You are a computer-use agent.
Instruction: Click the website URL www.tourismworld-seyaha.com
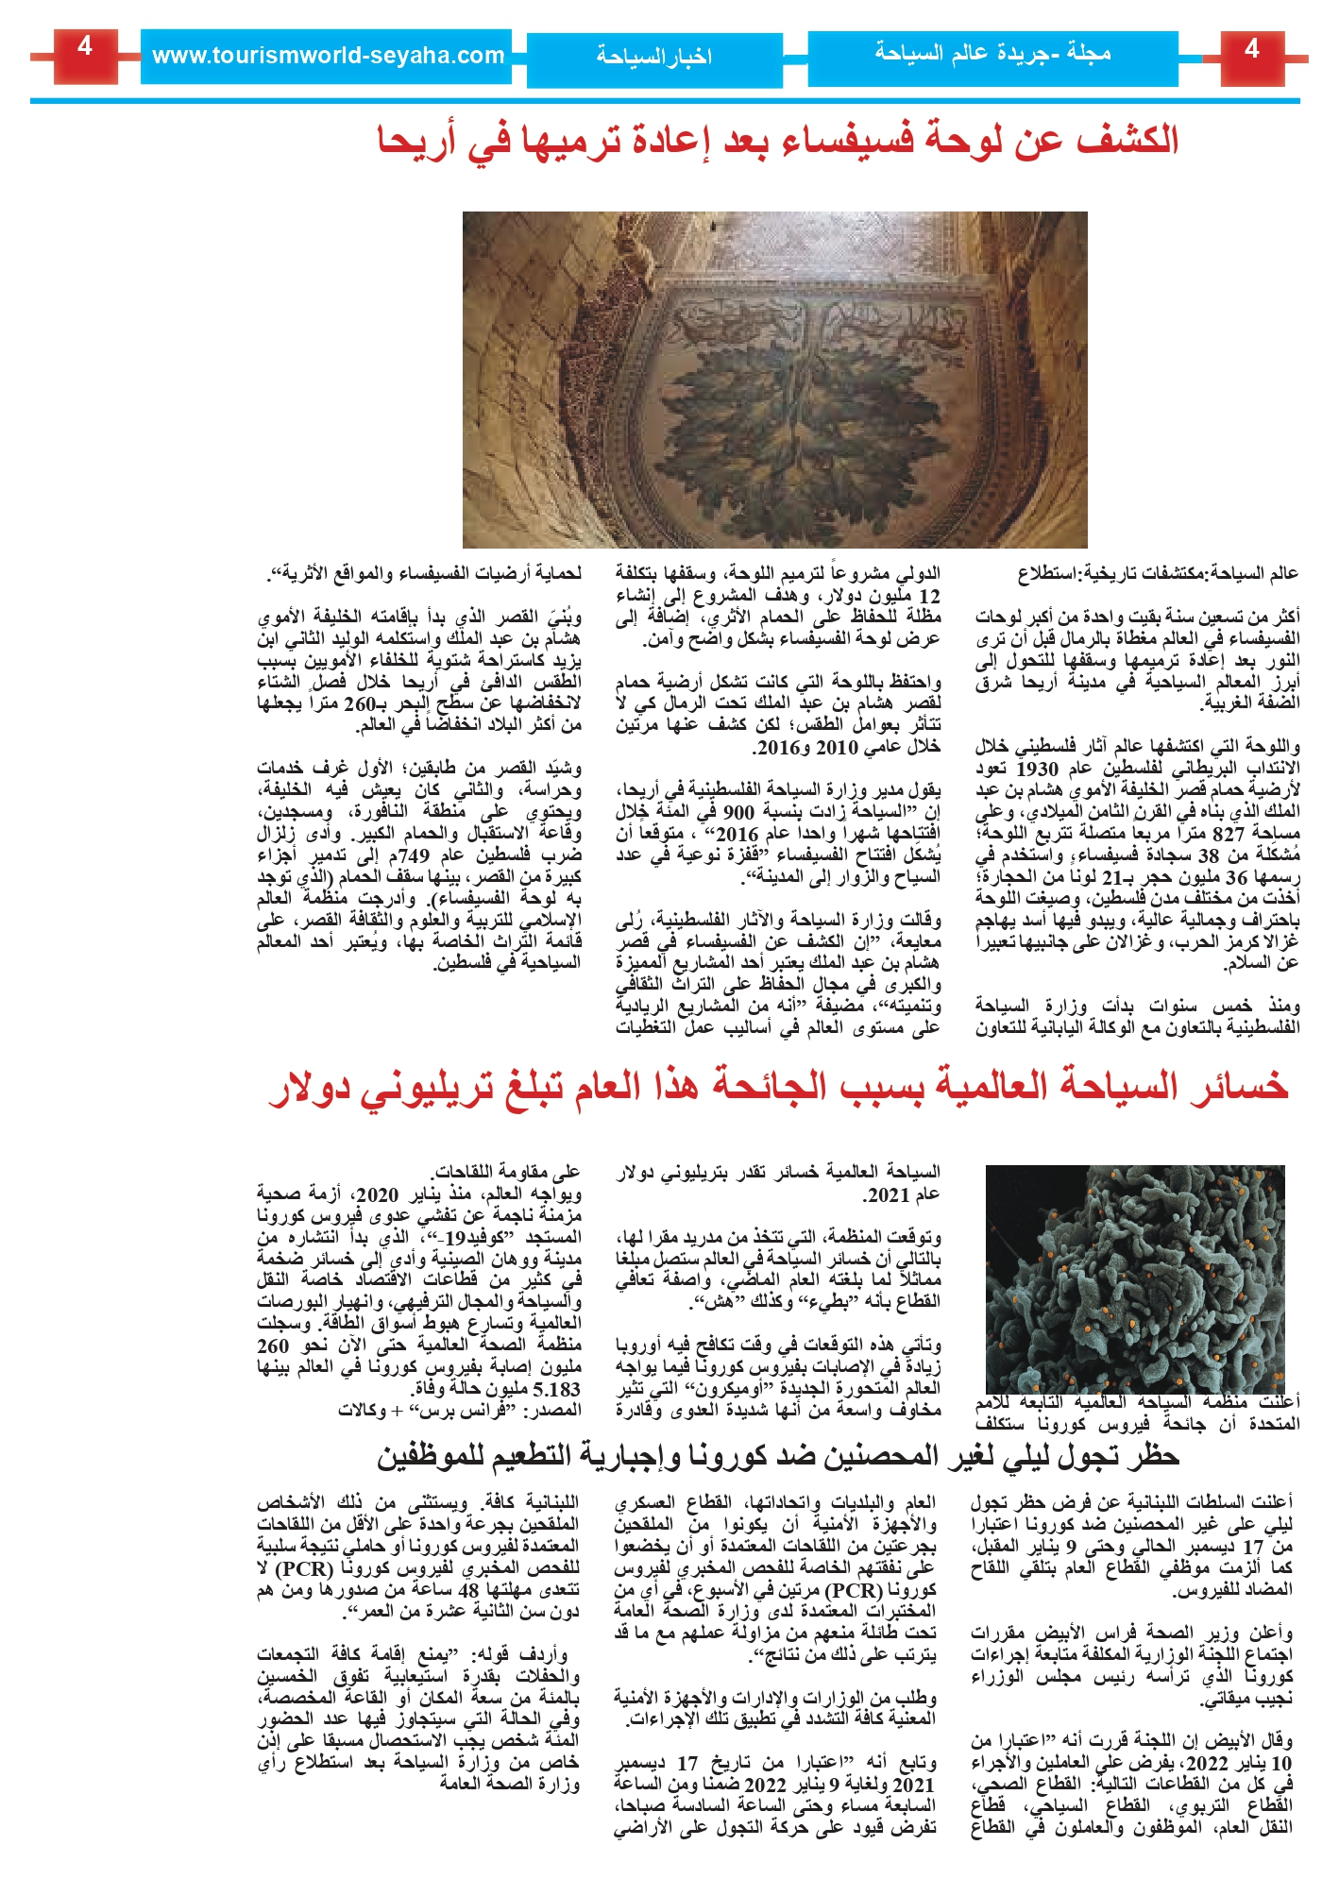tap(328, 57)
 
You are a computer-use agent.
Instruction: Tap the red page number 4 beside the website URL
tap(85, 47)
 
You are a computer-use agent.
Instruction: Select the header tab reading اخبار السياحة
tap(653, 58)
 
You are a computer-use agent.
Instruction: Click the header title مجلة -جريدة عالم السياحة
tap(992, 53)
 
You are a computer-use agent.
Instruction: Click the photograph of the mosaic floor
tap(774, 380)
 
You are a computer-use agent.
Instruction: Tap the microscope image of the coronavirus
tap(1134, 1278)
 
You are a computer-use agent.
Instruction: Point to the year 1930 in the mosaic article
tap(1037, 769)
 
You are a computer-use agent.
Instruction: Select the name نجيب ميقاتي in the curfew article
tap(1246, 1699)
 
